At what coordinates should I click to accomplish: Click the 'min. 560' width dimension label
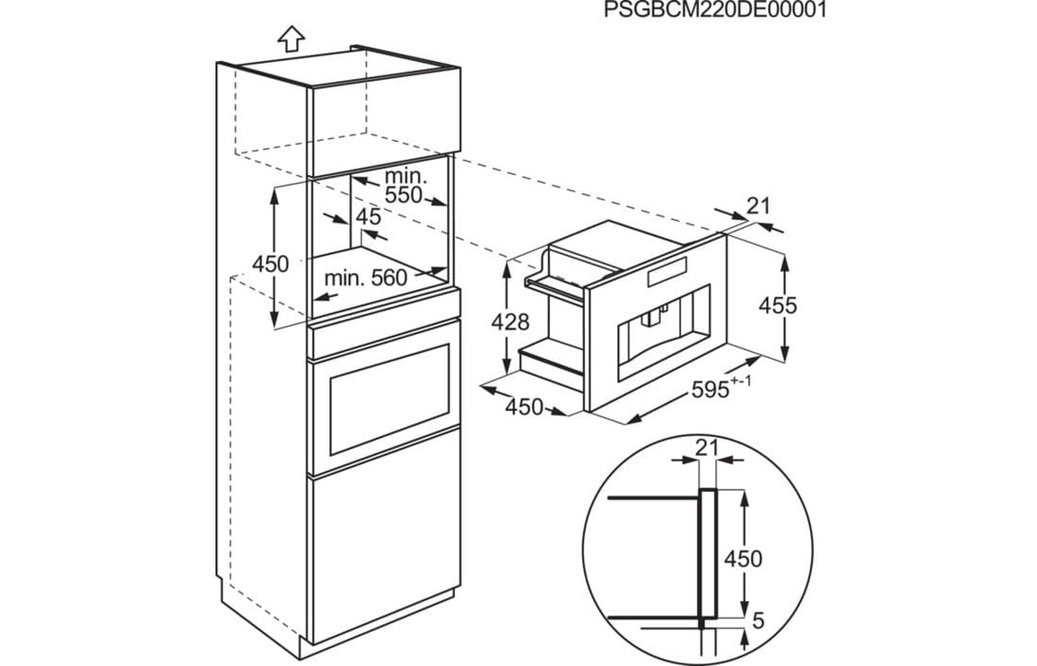366,278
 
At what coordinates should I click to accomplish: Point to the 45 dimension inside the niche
368,216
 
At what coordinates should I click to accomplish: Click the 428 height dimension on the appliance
511,321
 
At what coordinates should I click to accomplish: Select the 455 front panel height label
777,305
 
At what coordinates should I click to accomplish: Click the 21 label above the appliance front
758,206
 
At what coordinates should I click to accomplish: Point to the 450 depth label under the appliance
525,407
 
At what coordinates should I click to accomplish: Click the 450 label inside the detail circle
743,559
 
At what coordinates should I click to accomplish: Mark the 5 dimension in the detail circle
759,620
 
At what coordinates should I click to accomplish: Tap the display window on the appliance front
667,268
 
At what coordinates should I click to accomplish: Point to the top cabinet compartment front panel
384,127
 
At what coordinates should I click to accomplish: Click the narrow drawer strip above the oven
384,339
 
